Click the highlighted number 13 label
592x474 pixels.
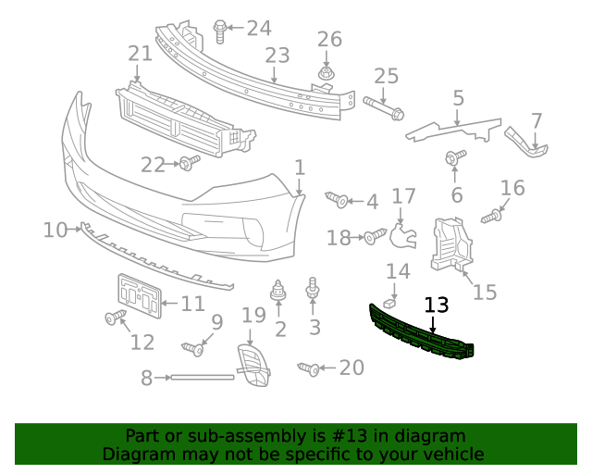pos(436,305)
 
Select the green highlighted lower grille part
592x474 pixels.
pos(421,331)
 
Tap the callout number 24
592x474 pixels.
pos(259,29)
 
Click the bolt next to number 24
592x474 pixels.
pos(220,31)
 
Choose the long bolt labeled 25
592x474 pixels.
pos(383,107)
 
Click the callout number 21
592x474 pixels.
pos(140,54)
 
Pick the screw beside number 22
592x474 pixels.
pos(189,164)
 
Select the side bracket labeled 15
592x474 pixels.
pos(453,243)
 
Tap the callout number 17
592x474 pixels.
pos(404,196)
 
